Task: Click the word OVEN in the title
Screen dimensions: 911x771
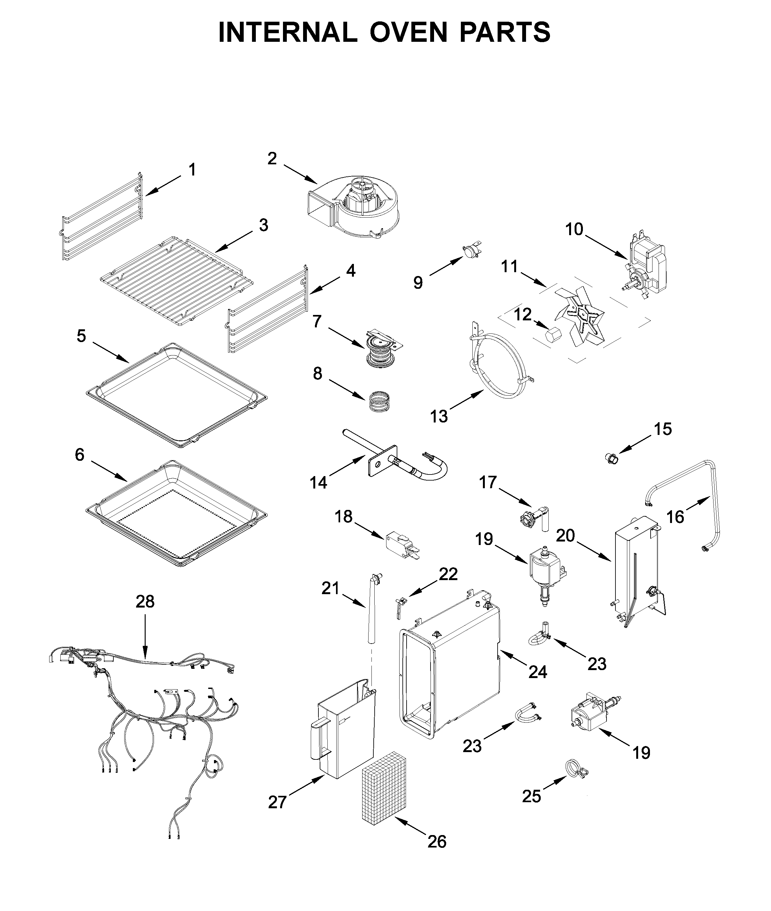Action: tap(408, 32)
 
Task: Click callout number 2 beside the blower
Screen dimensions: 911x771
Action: tap(272, 159)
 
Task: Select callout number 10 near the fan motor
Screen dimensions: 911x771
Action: tap(574, 229)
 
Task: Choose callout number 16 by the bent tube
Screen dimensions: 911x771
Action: tap(675, 517)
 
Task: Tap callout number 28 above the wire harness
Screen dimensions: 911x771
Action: tap(145, 602)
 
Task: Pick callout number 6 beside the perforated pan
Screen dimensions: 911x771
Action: tap(79, 455)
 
